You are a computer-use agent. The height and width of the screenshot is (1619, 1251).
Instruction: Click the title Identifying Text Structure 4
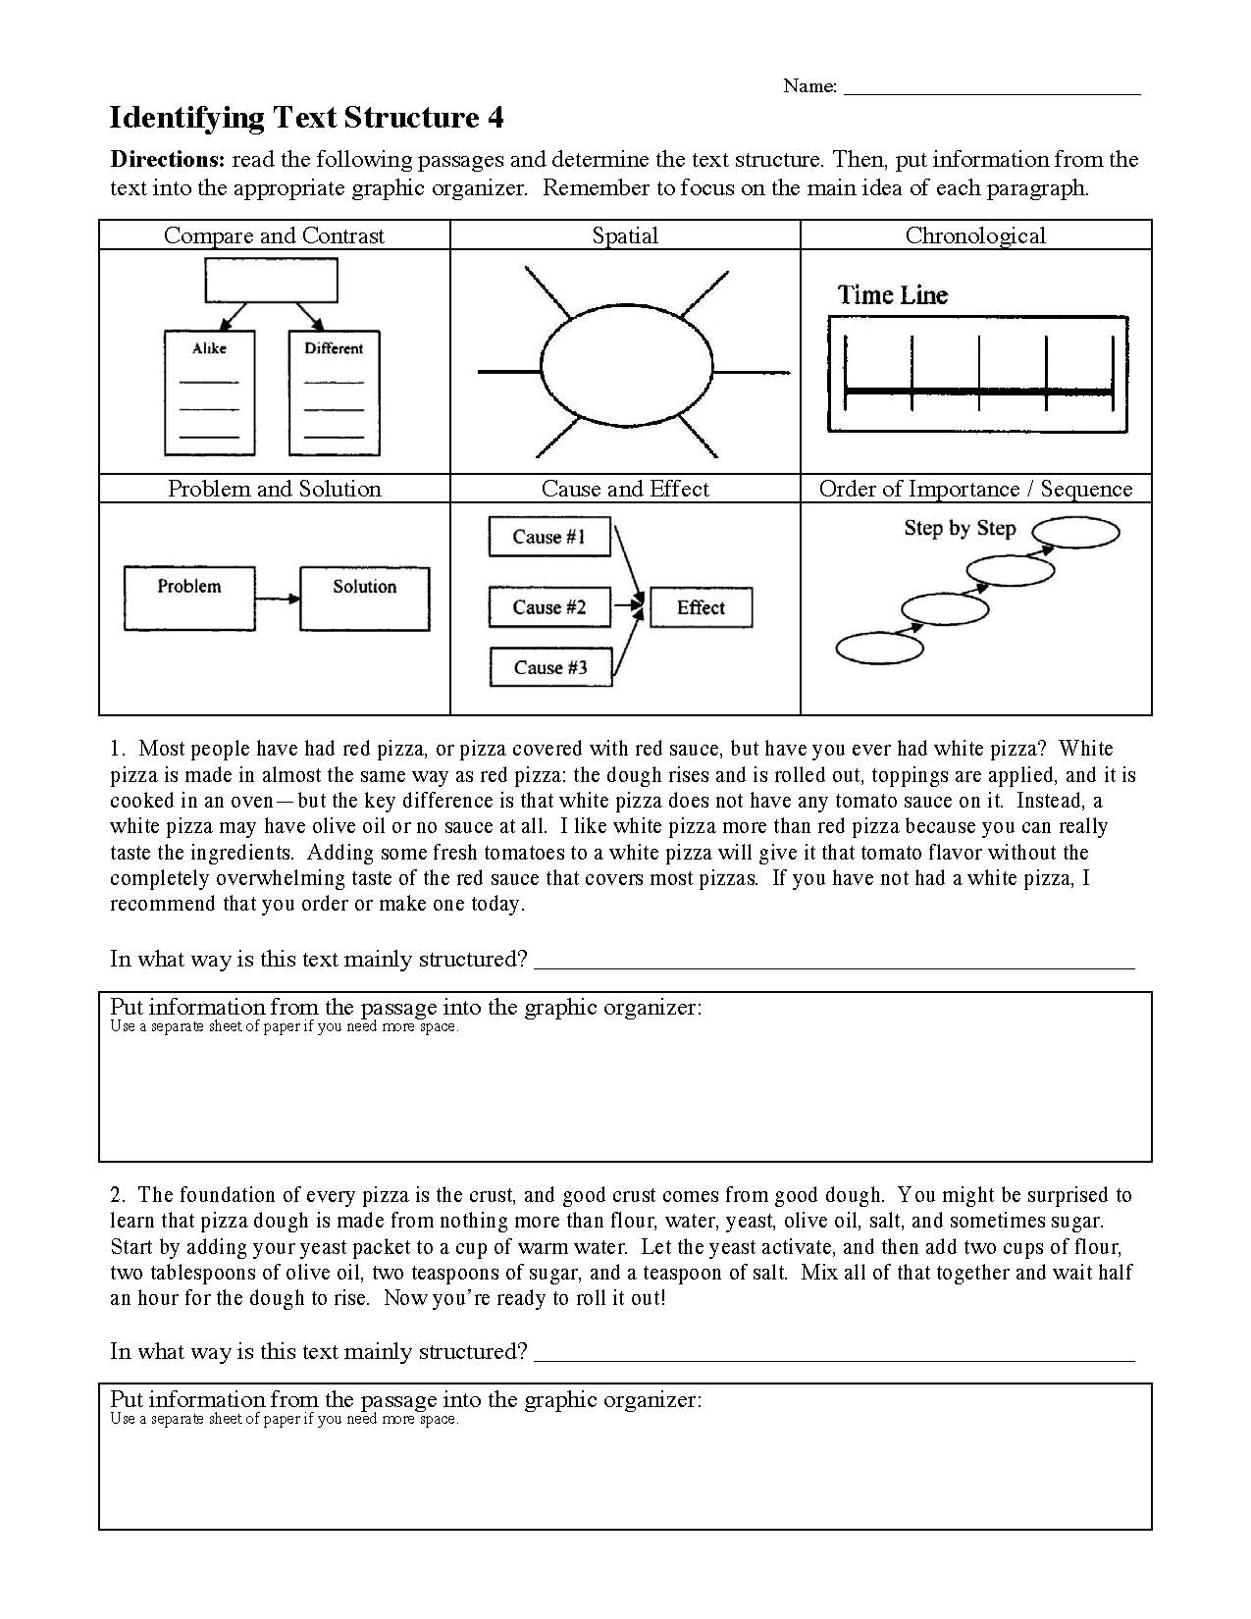(x=306, y=118)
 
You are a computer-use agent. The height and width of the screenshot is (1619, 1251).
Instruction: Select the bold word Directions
(x=167, y=160)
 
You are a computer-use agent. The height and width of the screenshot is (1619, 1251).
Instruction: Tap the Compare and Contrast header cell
(x=274, y=235)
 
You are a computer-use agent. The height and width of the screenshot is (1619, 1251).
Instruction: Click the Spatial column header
(x=625, y=235)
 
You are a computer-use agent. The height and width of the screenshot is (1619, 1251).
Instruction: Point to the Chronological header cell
(x=975, y=235)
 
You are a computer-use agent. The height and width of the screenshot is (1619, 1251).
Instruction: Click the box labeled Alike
(x=209, y=392)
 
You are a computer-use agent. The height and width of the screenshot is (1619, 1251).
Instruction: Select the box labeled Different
(x=334, y=392)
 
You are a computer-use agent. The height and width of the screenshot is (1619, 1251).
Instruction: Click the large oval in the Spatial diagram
(x=627, y=371)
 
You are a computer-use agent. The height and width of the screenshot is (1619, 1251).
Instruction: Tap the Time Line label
(x=892, y=295)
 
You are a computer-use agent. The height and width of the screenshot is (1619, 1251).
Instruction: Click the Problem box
(x=189, y=598)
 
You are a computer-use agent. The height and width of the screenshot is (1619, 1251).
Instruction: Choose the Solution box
(x=364, y=598)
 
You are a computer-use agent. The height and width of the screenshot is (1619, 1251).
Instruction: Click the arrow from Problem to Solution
(x=278, y=599)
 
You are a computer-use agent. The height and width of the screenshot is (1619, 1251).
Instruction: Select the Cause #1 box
(x=549, y=537)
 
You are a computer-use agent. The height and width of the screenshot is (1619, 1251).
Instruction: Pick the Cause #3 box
(x=550, y=667)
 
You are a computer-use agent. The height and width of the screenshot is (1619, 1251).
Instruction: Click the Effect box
(x=701, y=607)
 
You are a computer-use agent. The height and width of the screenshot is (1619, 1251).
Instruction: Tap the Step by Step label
(x=959, y=528)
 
